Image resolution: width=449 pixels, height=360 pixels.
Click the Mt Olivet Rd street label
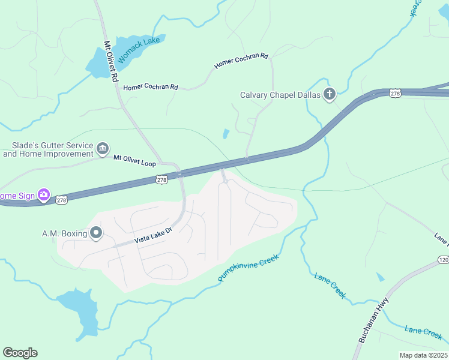point(111,62)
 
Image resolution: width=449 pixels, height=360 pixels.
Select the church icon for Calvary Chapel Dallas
point(329,94)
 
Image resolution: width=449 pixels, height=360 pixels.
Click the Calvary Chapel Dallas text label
point(280,95)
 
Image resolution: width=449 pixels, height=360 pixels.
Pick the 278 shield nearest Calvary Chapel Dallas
point(394,93)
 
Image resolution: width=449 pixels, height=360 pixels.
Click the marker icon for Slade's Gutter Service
point(102,148)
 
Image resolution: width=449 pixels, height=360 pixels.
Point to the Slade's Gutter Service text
point(48,149)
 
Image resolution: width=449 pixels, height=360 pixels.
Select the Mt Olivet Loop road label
point(134,160)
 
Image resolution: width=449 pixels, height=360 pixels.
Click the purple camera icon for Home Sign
point(43,195)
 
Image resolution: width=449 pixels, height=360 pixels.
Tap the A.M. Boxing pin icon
point(96,233)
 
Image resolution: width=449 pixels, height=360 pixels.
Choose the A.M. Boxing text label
point(64,233)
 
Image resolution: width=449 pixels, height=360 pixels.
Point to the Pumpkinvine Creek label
point(249,268)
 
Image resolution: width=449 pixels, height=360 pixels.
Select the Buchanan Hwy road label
point(373,320)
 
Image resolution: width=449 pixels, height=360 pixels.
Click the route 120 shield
point(442,259)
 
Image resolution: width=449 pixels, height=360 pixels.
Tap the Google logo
point(20,352)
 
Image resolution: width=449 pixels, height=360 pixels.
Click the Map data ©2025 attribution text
point(423,355)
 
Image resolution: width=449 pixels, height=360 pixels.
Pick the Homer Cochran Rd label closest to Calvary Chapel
point(241,60)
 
